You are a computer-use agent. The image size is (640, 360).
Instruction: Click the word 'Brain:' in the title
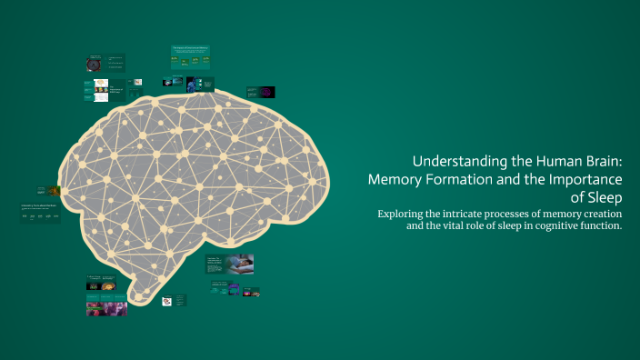[596, 158]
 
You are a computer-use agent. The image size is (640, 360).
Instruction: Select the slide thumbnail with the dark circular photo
[94, 64]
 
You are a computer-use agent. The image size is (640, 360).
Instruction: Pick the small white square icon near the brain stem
[167, 300]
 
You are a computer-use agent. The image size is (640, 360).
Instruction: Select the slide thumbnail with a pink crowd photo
[106, 308]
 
